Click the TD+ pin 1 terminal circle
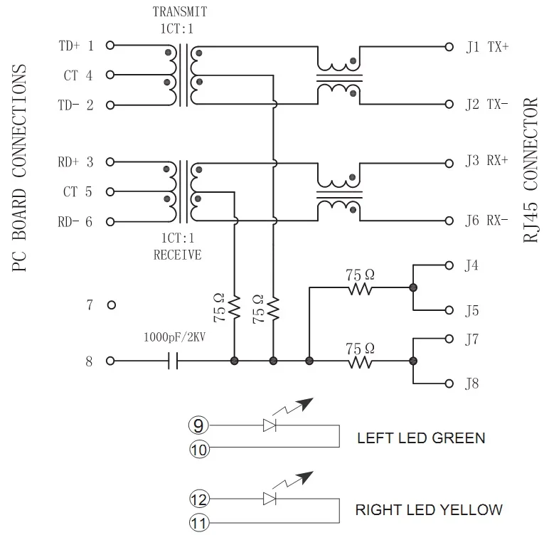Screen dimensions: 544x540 (110, 45)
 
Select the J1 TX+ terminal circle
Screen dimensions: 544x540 (449, 47)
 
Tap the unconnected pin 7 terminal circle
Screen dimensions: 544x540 (112, 305)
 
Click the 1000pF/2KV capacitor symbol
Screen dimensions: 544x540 (173, 361)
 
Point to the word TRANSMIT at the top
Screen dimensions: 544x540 (180, 11)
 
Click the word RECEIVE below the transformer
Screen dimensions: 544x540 (177, 255)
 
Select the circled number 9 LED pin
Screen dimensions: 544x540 (198, 425)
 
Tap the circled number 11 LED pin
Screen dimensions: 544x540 (199, 523)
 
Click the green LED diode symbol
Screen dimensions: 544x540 (270, 425)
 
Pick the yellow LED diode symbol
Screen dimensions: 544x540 (270, 499)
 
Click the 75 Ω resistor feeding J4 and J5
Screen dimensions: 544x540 (360, 288)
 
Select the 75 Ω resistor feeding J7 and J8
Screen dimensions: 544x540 (360, 361)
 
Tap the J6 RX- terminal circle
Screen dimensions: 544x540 (449, 221)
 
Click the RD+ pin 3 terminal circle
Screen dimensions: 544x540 (110, 162)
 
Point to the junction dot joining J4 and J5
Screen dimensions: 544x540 (413, 287)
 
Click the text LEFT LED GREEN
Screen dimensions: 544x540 (421, 438)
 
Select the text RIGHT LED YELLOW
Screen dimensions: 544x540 (429, 510)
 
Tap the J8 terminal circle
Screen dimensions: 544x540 (449, 383)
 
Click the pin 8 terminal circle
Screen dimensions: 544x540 (110, 361)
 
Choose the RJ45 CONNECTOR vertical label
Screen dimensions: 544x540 (530, 170)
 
